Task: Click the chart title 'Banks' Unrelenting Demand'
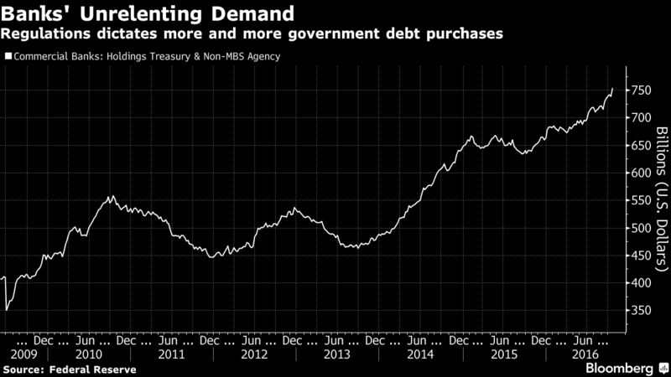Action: [148, 14]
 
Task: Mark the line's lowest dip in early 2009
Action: [7, 310]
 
